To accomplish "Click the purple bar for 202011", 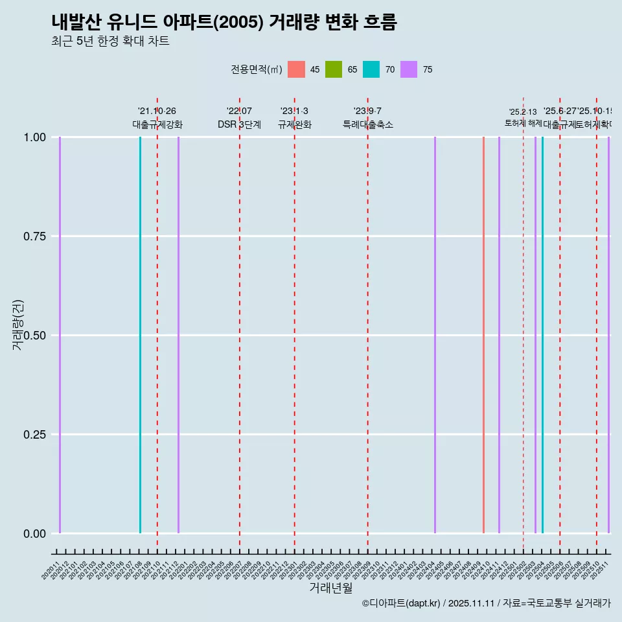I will (x=60, y=335).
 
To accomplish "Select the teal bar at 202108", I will (x=140, y=335).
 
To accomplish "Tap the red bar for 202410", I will (x=483, y=335).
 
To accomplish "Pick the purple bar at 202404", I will (x=435, y=335).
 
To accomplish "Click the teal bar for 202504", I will (x=542, y=335).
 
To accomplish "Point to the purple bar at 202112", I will (x=178, y=335).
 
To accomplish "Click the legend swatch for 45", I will (x=296, y=69).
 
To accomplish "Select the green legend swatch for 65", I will (x=334, y=69).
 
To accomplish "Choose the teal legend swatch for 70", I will (x=371, y=69).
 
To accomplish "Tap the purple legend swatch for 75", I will (x=409, y=69).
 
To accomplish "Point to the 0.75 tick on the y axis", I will (x=34, y=236).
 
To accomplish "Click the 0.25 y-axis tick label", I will (x=34, y=435).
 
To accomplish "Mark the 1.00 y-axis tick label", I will (x=34, y=137).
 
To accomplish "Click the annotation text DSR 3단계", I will (x=239, y=125).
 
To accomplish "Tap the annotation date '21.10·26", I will (x=157, y=111).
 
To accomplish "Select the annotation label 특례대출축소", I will (x=368, y=125).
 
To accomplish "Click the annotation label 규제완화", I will (x=295, y=125).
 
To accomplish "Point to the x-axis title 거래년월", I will (x=331, y=588).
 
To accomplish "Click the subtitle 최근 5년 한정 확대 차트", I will (x=110, y=41).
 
